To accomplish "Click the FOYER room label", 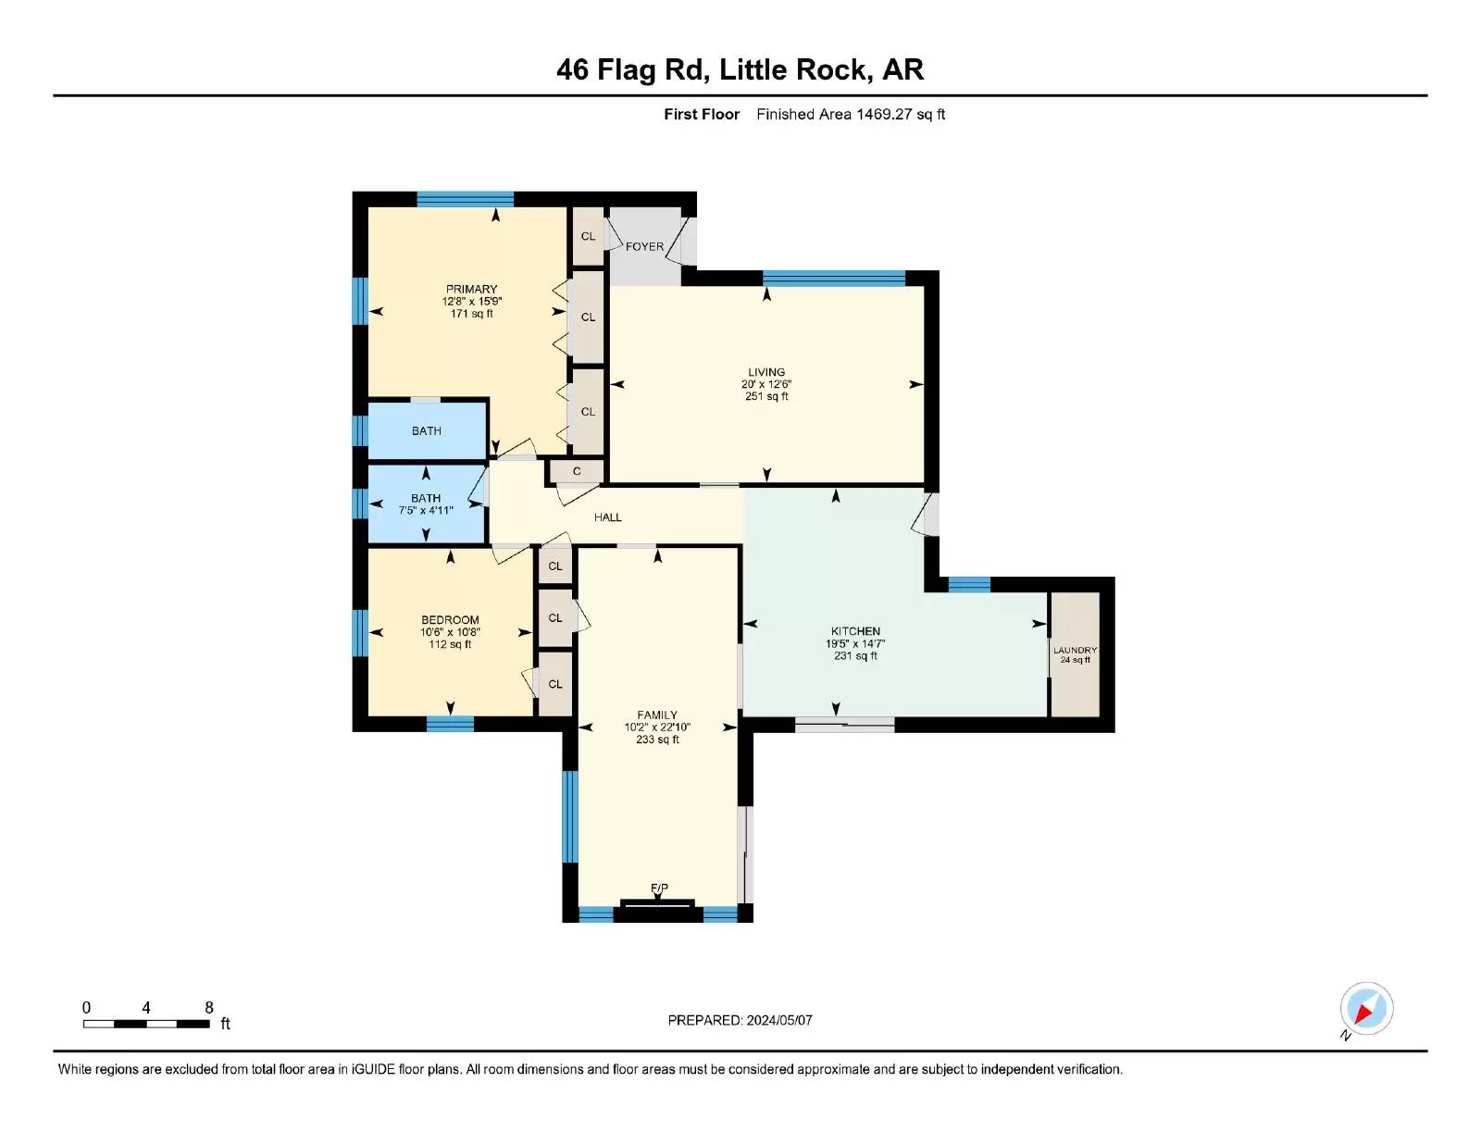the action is tap(644, 246).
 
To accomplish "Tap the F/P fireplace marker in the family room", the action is tap(659, 888).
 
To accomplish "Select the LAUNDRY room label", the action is tap(1075, 650).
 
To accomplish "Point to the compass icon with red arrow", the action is tap(1366, 1009).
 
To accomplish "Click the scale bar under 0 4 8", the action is tap(146, 1024).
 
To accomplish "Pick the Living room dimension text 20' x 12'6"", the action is tap(766, 384).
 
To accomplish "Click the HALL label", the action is tap(607, 517).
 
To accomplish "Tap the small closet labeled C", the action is tap(577, 471).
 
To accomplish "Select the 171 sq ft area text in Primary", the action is tap(472, 314).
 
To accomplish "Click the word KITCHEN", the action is tap(855, 631).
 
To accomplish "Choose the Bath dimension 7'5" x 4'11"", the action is tap(426, 510).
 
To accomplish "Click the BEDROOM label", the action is tap(450, 620).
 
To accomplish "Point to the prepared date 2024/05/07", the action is tap(779, 1021).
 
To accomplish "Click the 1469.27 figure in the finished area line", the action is tap(884, 115).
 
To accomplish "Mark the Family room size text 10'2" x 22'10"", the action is tap(657, 727).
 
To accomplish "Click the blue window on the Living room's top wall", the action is tap(834, 278).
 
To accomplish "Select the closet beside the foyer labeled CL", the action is tap(588, 236).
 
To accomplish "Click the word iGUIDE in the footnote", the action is tap(373, 1070).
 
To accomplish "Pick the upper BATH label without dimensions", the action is tap(426, 431).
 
